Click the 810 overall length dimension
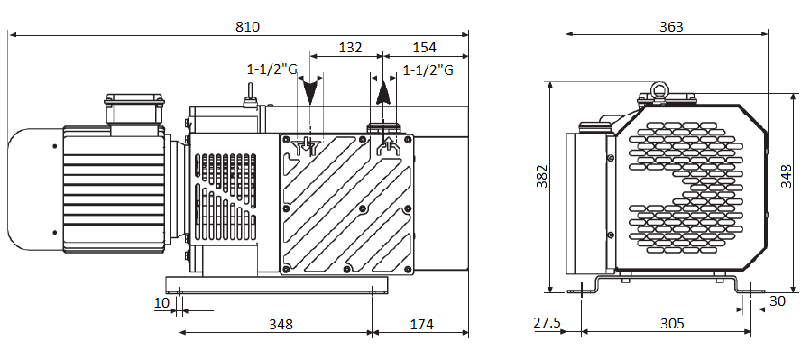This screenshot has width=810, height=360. coord(247,26)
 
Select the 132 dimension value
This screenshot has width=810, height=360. coord(350,48)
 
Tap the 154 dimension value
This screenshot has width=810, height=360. coord(424,48)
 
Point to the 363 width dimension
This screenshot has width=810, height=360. coord(671,26)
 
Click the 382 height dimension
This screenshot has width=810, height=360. coord(541,176)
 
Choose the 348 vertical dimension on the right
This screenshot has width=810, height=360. coord(786,176)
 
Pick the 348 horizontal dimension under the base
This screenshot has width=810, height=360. coord(281,324)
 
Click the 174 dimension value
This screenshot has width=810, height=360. coord(421,324)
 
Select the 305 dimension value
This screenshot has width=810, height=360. coord(672,323)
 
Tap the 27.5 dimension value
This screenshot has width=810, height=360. coord(547,323)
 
